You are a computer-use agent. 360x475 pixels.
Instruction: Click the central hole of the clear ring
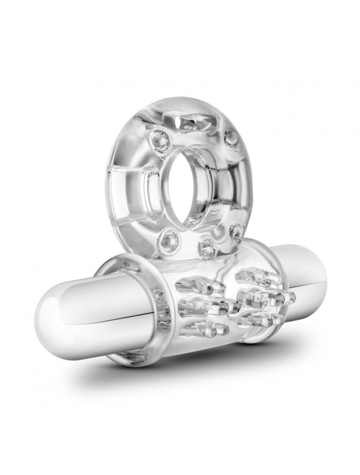click(x=192, y=191)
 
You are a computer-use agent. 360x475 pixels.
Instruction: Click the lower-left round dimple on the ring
click(x=166, y=239)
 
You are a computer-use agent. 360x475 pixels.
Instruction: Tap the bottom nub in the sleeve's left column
click(x=207, y=328)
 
